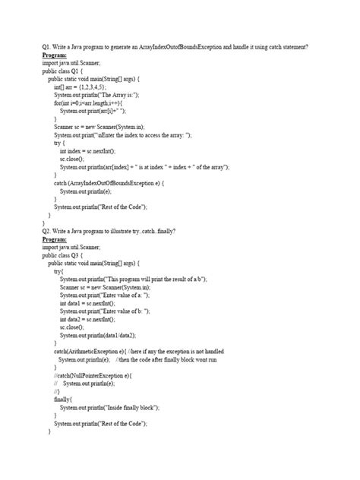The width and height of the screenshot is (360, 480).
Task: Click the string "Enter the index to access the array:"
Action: tap(145, 134)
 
